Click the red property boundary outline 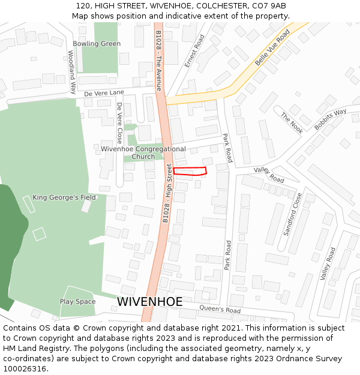click(190, 171)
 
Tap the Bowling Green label click(97, 44)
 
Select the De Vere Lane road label click(104, 93)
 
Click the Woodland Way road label click(72, 72)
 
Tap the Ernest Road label click(195, 50)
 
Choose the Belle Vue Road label click(272, 47)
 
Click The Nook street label click(292, 123)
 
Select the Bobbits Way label click(331, 119)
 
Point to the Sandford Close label click(293, 214)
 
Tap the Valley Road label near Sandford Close click(328, 263)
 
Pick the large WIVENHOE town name click(150, 302)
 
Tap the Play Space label click(77, 302)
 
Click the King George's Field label click(64, 197)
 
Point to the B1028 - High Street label click(167, 193)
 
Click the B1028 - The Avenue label click(158, 60)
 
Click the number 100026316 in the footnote click(25, 368)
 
